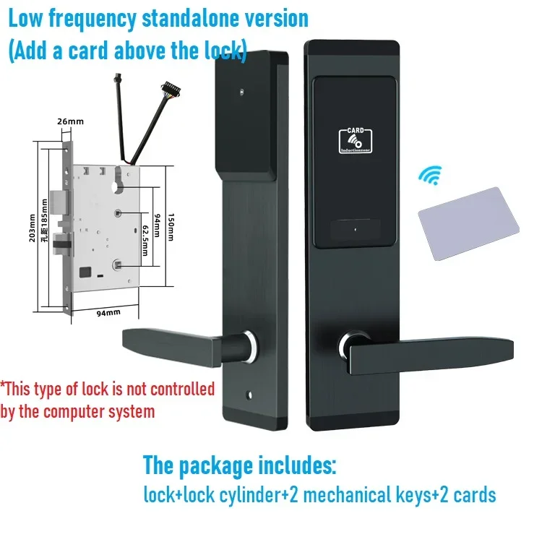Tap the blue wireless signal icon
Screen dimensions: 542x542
pos(432,176)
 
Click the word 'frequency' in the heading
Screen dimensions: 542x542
pos(98,19)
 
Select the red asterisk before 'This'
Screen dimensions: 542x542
pos(4,387)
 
